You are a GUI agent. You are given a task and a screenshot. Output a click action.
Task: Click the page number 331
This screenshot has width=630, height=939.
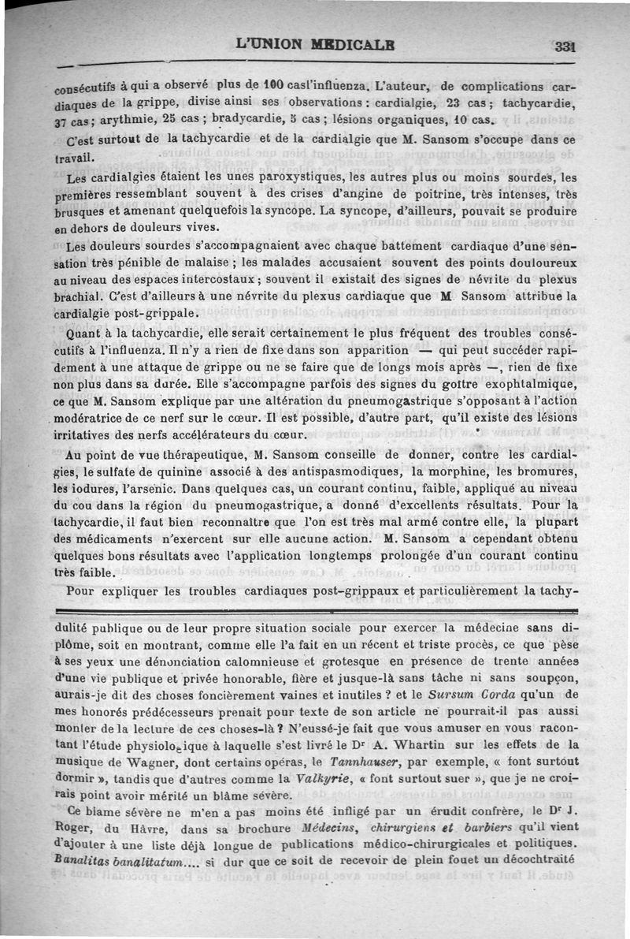coord(565,46)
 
